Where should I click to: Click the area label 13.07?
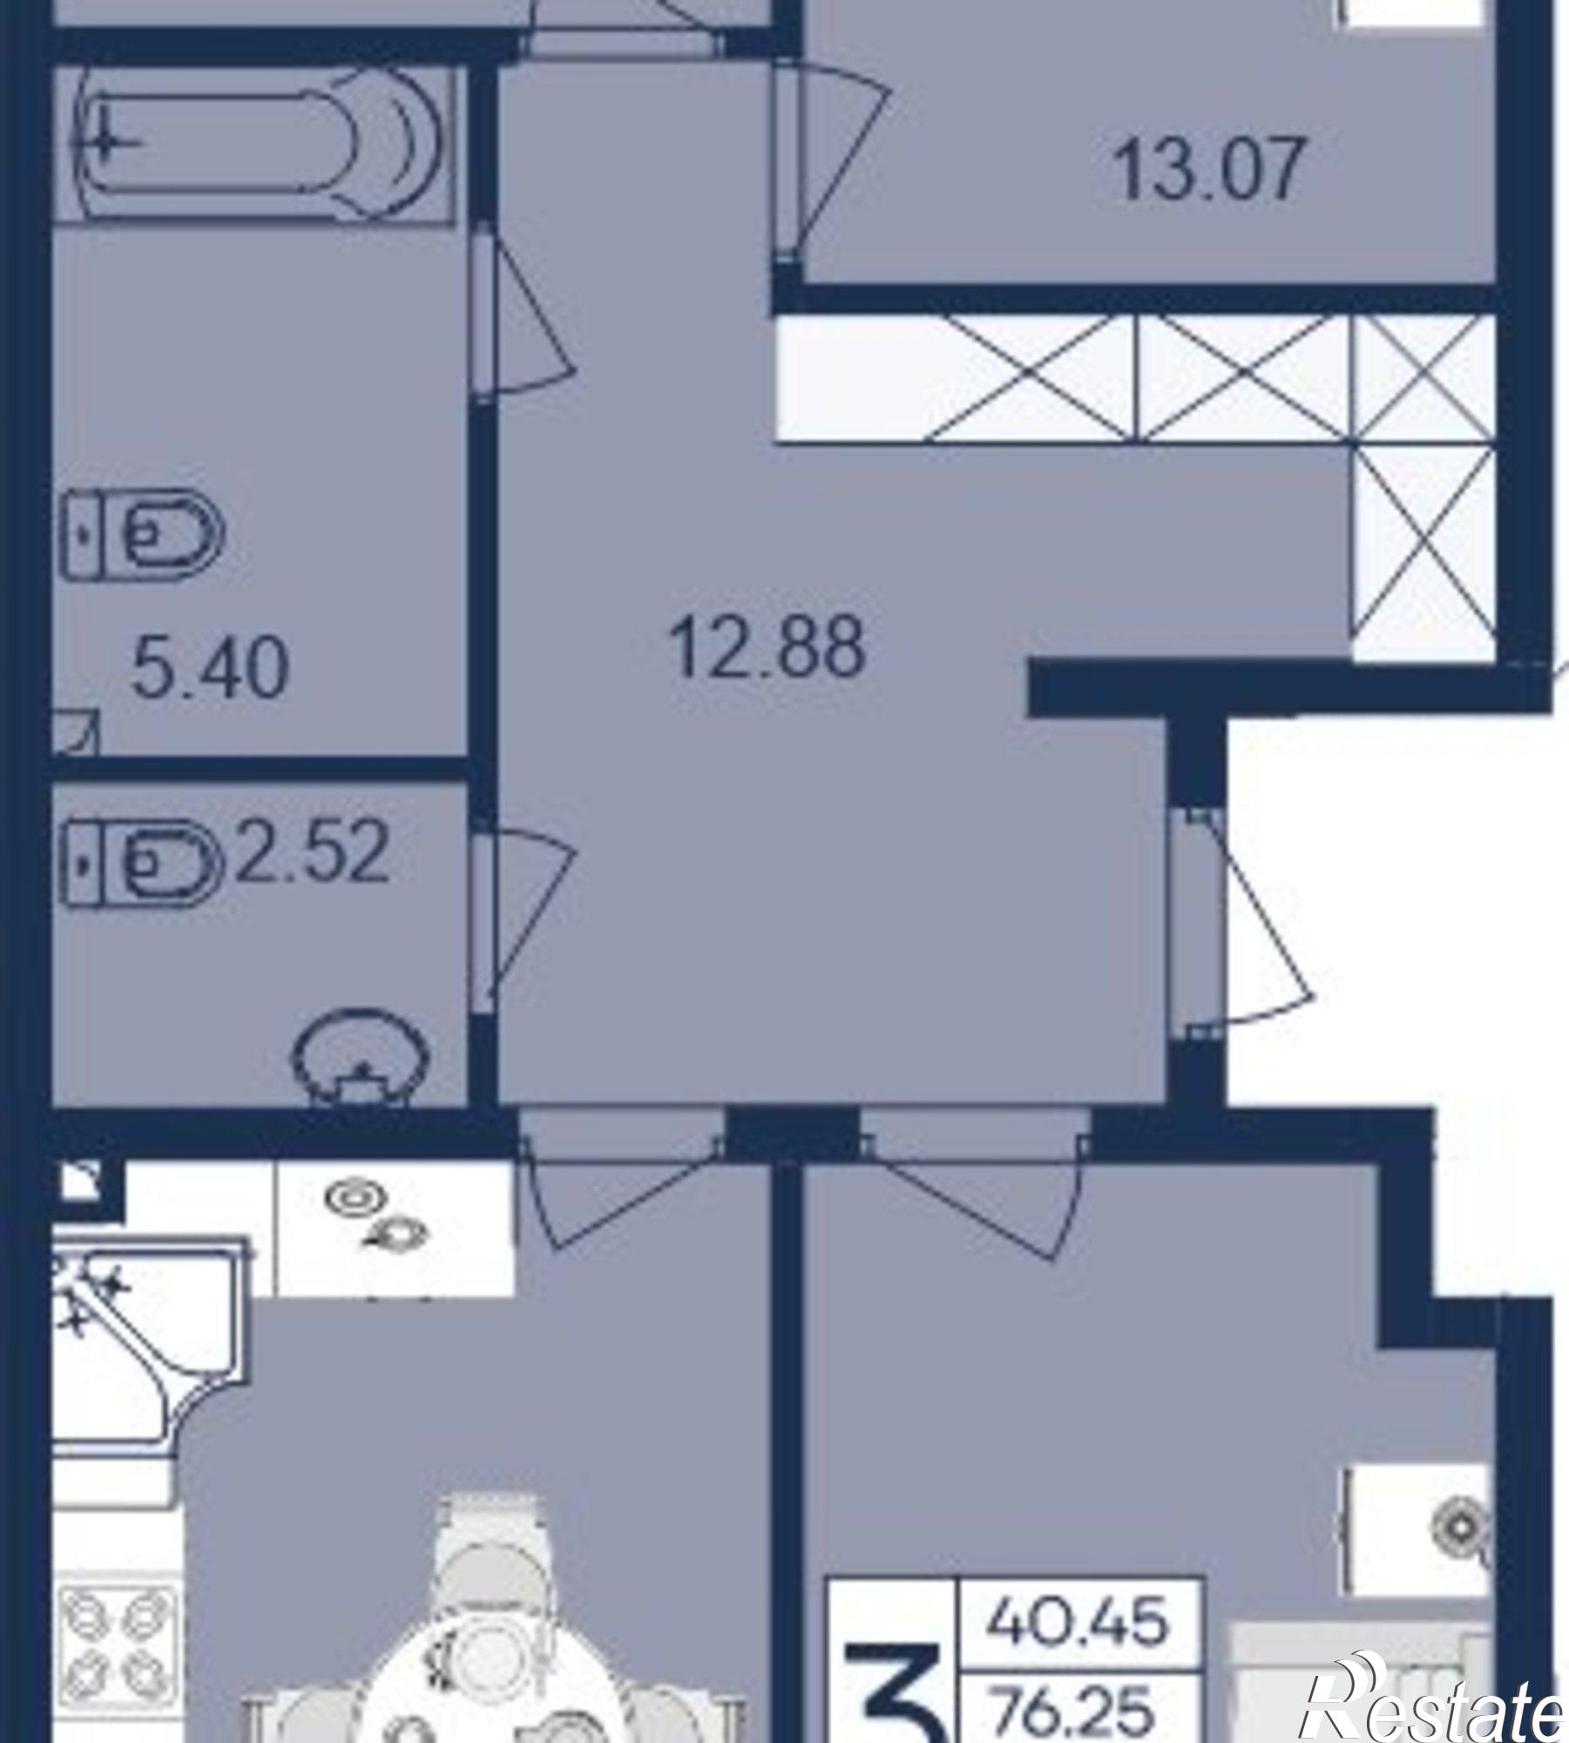point(1209,169)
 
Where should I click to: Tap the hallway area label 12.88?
point(768,647)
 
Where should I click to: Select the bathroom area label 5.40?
point(209,668)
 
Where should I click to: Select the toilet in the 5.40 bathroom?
point(143,533)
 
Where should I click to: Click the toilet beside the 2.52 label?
point(143,863)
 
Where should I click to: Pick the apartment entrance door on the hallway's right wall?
point(1241,924)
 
